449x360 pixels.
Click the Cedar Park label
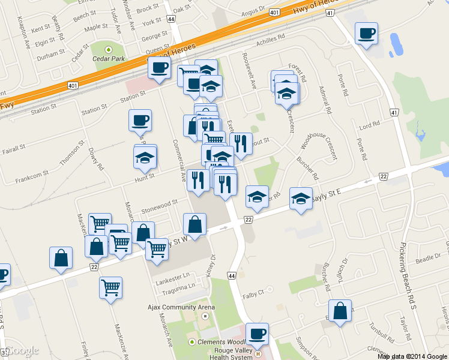109,59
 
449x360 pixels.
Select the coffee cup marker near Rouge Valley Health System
258,334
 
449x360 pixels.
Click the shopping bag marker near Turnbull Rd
340,311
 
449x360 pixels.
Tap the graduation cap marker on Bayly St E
301,199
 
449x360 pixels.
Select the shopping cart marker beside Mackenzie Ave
110,288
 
